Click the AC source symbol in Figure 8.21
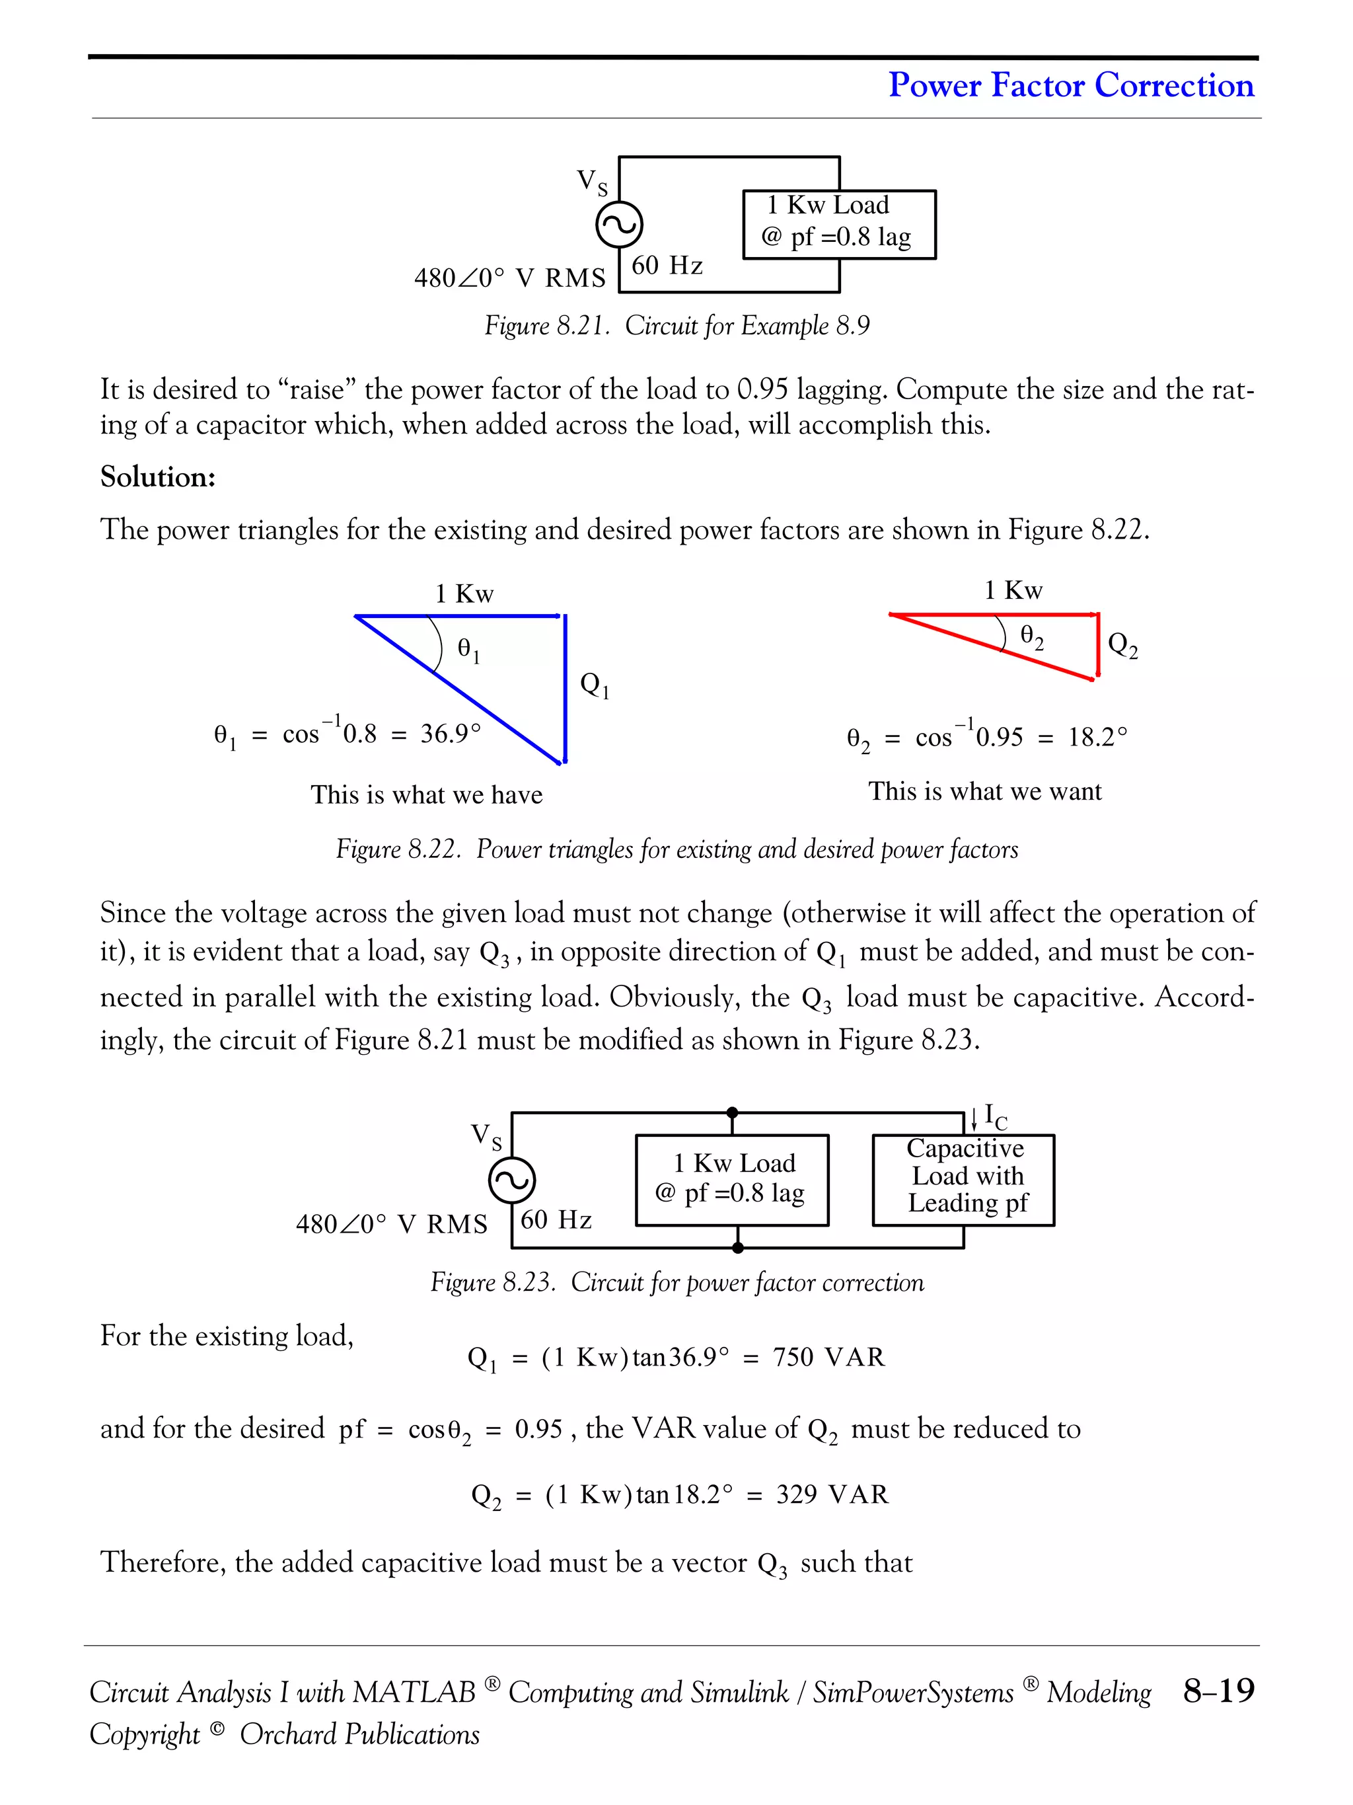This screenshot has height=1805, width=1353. click(x=619, y=225)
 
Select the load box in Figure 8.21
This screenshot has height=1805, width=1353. click(x=839, y=225)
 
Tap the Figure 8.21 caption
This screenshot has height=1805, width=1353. click(x=677, y=326)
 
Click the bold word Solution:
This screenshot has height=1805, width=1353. click(x=158, y=477)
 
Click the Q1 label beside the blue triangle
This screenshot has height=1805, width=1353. click(x=595, y=685)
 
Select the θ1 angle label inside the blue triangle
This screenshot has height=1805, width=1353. click(x=469, y=650)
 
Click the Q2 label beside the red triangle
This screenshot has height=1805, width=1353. click(x=1123, y=646)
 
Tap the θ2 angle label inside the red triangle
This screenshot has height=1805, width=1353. click(x=1032, y=636)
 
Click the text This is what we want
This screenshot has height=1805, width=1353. click(x=984, y=792)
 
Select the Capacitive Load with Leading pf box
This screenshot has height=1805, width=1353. click(x=963, y=1179)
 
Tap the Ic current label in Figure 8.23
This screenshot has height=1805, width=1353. click(x=994, y=1116)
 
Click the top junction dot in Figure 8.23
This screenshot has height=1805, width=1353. click(x=733, y=1112)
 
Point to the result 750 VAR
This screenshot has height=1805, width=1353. click(x=828, y=1357)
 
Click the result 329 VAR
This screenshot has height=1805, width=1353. click(x=832, y=1494)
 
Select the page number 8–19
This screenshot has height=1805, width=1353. click(x=1218, y=1690)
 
